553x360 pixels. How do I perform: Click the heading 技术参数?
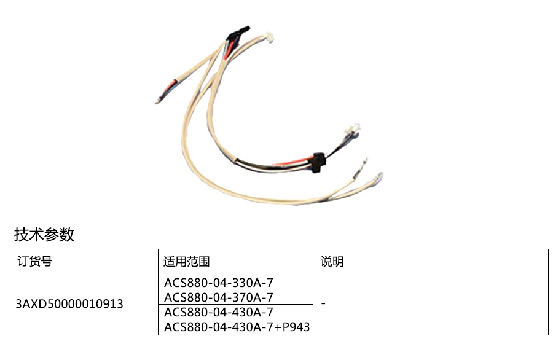pyautogui.click(x=44, y=234)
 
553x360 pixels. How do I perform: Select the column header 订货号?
pyautogui.click(x=34, y=261)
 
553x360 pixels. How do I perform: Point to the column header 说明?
pyautogui.click(x=332, y=261)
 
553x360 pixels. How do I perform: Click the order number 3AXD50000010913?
pyautogui.click(x=69, y=304)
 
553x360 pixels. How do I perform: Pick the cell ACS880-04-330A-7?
pyautogui.click(x=218, y=283)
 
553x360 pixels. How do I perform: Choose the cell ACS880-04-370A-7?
pyautogui.click(x=218, y=297)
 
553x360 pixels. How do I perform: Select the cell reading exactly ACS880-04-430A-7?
pyautogui.click(x=218, y=312)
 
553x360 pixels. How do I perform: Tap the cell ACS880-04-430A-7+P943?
pyautogui.click(x=237, y=327)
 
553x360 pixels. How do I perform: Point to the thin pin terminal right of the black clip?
pyautogui.click(x=361, y=166)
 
